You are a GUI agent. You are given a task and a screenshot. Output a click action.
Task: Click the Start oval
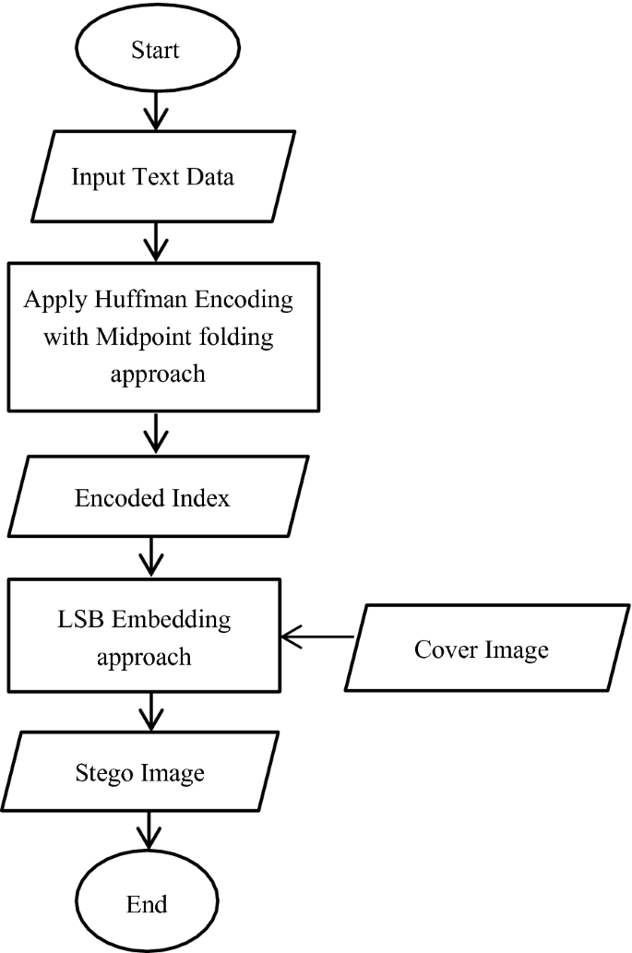click(x=154, y=51)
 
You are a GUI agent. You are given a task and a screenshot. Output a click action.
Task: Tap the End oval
click(x=149, y=902)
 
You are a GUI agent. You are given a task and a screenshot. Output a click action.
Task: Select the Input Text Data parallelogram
click(x=153, y=177)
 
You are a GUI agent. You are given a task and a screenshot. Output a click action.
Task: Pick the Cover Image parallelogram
click(x=480, y=649)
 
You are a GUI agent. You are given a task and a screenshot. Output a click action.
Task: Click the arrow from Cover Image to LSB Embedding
click(x=318, y=637)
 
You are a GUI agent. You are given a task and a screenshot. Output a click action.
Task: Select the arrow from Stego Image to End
click(x=149, y=831)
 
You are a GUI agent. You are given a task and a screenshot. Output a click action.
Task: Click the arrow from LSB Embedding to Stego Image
click(x=149, y=711)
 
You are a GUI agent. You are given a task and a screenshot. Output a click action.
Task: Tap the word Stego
click(x=101, y=772)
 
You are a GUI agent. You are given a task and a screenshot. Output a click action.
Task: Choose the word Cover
click(x=442, y=649)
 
